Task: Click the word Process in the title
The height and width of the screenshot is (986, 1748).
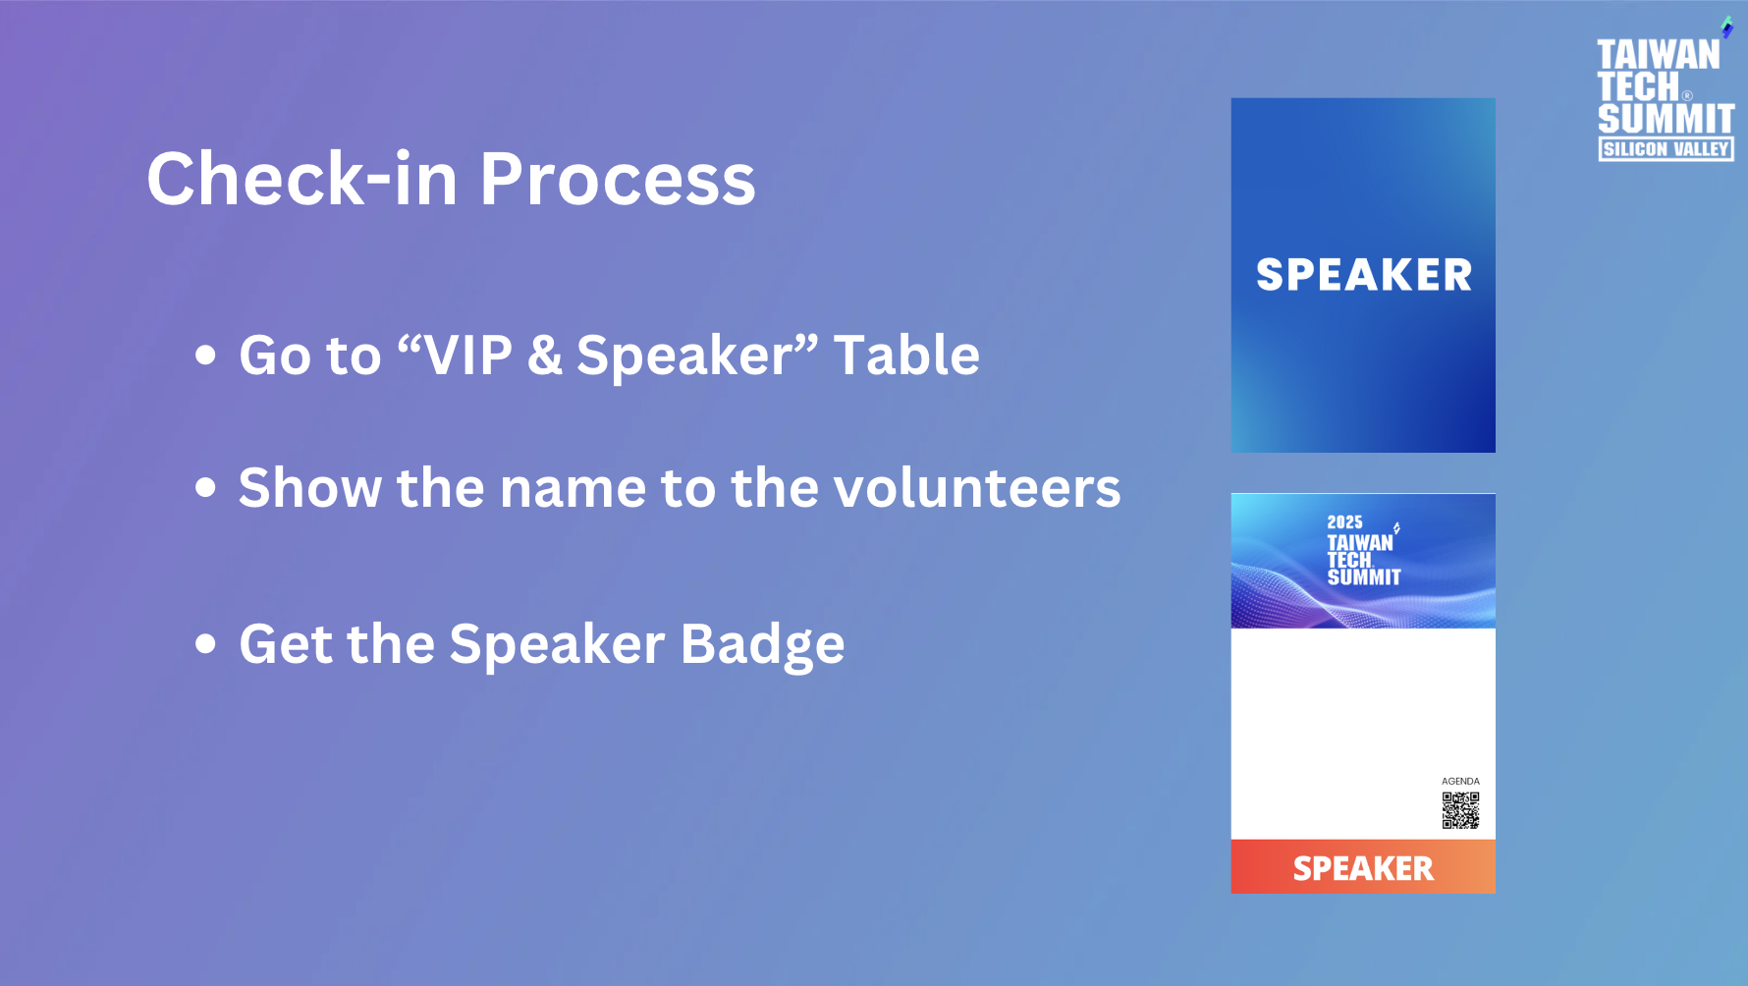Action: [x=618, y=179]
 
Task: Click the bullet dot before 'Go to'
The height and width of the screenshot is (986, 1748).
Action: [x=205, y=356]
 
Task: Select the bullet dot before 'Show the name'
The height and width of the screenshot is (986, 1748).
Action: [x=205, y=487]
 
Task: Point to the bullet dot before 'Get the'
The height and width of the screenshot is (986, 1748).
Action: [x=205, y=644]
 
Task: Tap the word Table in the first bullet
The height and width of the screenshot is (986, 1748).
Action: [x=906, y=355]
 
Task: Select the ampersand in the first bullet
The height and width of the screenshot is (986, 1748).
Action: [x=545, y=356]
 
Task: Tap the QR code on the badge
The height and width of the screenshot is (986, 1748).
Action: [x=1460, y=810]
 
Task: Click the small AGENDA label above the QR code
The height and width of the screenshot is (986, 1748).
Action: [x=1460, y=782]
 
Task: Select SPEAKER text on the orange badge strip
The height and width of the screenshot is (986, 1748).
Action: [x=1363, y=868]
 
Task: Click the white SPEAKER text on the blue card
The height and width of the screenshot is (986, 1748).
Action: [x=1364, y=275]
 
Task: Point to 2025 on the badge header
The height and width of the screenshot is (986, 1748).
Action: [x=1344, y=522]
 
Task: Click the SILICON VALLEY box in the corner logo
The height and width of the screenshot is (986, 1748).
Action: [x=1666, y=149]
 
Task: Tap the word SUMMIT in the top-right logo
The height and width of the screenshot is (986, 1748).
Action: [x=1666, y=119]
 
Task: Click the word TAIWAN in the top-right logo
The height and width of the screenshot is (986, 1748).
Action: [x=1659, y=55]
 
